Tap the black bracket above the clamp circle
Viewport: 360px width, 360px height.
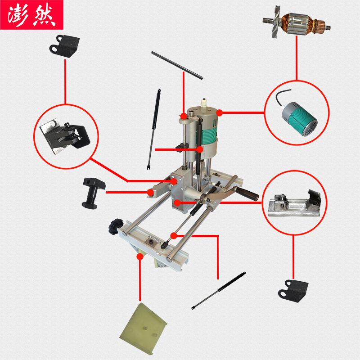[x=65, y=45]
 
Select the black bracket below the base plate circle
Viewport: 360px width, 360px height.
[x=293, y=288]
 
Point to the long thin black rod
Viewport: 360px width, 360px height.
[x=177, y=65]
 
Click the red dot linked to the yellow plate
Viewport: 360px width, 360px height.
[x=140, y=256]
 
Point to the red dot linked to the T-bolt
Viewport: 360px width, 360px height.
[x=150, y=192]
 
